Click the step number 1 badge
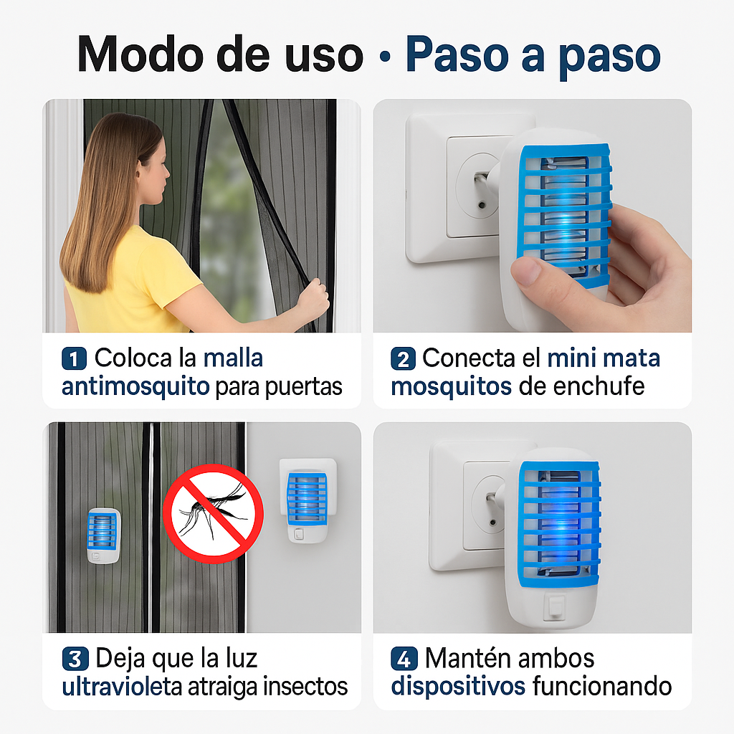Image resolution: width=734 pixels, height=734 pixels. coord(74,358)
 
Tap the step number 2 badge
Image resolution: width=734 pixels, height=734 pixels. coord(403,358)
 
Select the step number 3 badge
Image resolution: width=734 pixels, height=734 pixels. coord(75,658)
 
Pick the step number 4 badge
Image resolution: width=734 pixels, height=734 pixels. coord(404,658)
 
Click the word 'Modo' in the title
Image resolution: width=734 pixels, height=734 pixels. coord(149,54)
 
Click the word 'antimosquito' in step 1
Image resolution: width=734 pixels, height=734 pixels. coord(135,387)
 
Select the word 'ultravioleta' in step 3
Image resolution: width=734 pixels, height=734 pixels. coord(122,687)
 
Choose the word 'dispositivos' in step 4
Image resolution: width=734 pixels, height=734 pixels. coord(458,687)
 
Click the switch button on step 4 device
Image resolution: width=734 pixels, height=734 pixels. coord(553,606)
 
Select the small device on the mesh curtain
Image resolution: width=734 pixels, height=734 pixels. coord(104,535)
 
